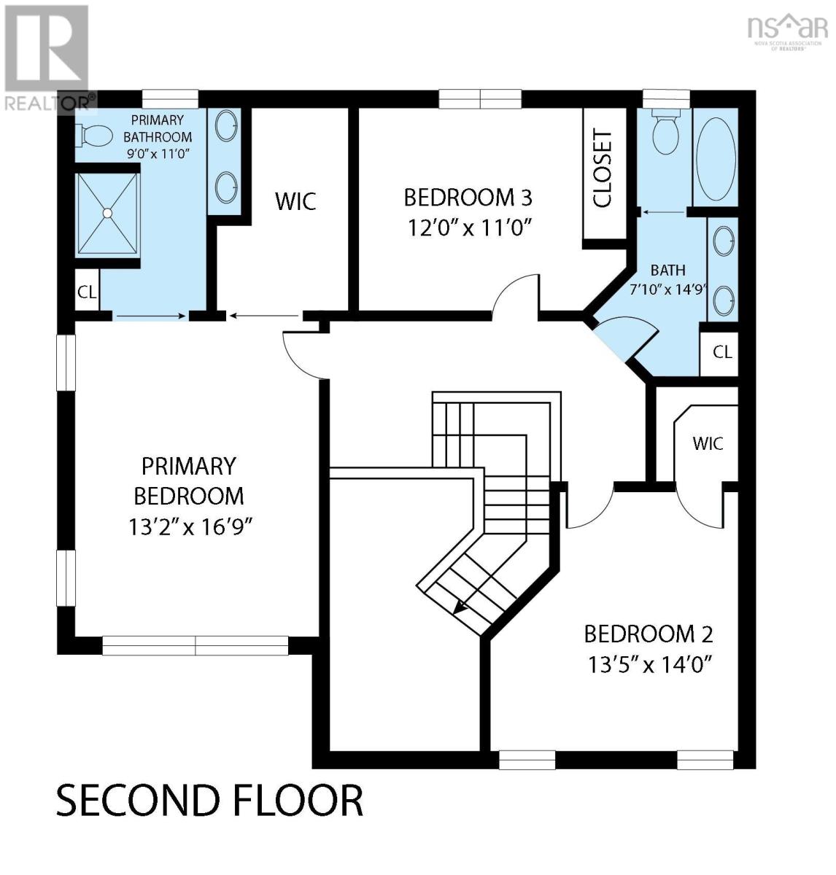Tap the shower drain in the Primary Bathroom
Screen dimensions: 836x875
click(x=107, y=213)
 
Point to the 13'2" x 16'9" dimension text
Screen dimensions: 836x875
click(x=190, y=527)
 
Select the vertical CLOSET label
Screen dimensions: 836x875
click(x=603, y=168)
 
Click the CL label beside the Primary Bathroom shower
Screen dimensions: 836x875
click(x=87, y=292)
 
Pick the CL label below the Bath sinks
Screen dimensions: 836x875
click(x=723, y=352)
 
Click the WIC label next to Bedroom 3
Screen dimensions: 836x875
click(x=295, y=201)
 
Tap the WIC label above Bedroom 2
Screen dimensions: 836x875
click(x=708, y=443)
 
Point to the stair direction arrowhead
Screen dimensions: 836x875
click(x=460, y=607)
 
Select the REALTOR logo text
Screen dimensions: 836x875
click(x=50, y=103)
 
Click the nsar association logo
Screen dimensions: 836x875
click(x=787, y=34)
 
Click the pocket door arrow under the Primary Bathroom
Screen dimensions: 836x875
click(x=151, y=316)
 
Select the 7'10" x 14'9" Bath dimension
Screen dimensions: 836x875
click(x=668, y=289)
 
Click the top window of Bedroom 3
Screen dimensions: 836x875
click(x=480, y=99)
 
